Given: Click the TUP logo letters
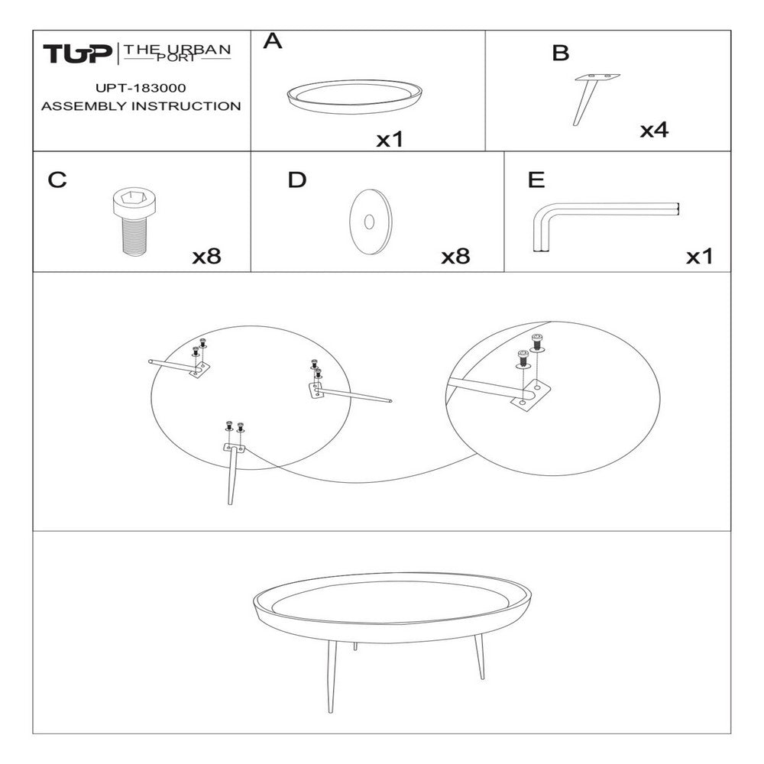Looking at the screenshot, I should (x=76, y=54).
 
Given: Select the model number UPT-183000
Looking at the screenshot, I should (x=141, y=89).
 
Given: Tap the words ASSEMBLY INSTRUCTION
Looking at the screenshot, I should (x=141, y=106).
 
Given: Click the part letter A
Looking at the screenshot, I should (x=273, y=43).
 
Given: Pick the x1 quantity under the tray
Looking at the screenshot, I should (x=390, y=140).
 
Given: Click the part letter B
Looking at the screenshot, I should (x=560, y=53).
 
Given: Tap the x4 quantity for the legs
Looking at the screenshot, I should (x=654, y=131).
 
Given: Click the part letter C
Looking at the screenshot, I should (x=57, y=180).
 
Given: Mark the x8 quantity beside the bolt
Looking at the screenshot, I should (x=206, y=257).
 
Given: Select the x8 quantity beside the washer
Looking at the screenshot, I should (x=455, y=257).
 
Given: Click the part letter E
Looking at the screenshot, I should (x=536, y=180).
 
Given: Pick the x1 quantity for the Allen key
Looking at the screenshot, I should (x=699, y=257).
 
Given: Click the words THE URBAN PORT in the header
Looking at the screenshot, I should (x=177, y=53).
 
